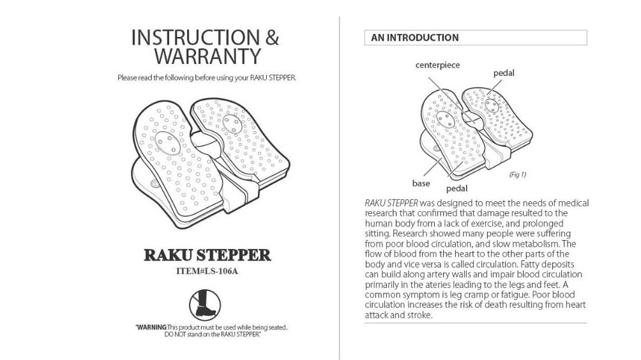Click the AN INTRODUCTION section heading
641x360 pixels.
coord(415,38)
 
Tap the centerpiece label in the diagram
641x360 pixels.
coord(437,65)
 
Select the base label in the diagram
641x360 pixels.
coord(421,183)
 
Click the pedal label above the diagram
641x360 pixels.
coord(504,73)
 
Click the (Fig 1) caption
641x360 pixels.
coord(517,174)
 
